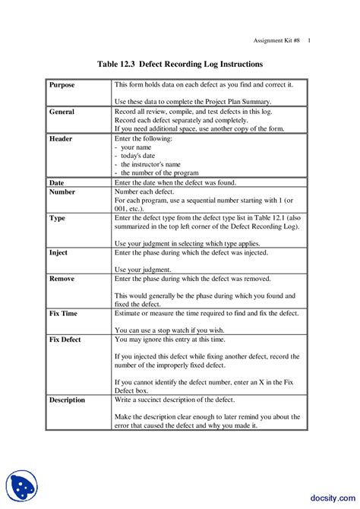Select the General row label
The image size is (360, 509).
click(62, 112)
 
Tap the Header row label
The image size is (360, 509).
click(61, 139)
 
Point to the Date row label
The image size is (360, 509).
click(57, 183)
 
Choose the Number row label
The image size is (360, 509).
click(62, 193)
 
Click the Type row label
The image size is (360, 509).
click(57, 217)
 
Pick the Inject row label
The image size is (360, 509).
click(58, 251)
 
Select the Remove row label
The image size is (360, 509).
click(62, 279)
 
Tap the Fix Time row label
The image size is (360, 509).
click(64, 313)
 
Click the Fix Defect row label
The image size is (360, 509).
click(66, 339)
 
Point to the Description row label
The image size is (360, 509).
click(68, 400)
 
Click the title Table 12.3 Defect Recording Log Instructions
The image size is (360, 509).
click(180, 65)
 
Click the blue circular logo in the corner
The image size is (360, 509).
click(21, 487)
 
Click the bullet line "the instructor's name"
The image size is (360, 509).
click(146, 164)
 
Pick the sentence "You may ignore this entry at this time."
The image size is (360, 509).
click(169, 339)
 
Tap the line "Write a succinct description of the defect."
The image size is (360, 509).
click(175, 400)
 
